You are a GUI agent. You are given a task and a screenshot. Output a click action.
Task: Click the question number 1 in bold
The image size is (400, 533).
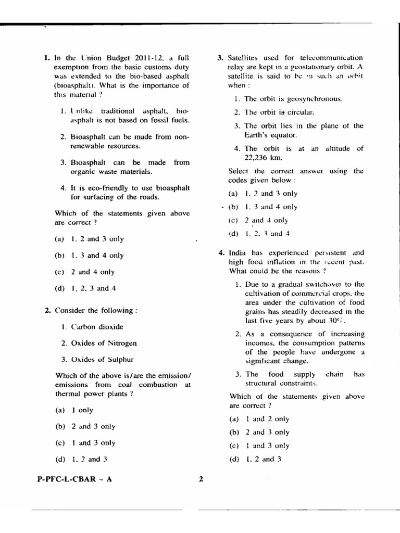pos(47,58)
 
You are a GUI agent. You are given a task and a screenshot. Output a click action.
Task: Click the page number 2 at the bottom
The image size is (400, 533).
pos(201,480)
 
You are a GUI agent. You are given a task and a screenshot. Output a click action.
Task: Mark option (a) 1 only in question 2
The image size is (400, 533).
pos(75,410)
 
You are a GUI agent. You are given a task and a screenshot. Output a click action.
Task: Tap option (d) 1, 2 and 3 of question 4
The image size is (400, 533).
pos(255,459)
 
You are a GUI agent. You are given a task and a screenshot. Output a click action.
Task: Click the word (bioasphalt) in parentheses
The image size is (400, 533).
pos(74,86)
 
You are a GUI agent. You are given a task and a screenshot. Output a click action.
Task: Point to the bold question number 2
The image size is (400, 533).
pos(47,311)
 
